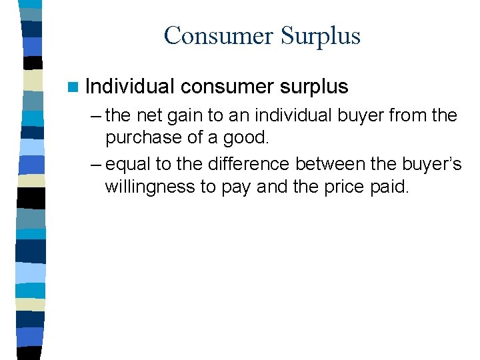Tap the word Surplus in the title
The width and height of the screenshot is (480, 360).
point(320,35)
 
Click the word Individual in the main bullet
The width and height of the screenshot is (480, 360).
point(130,86)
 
